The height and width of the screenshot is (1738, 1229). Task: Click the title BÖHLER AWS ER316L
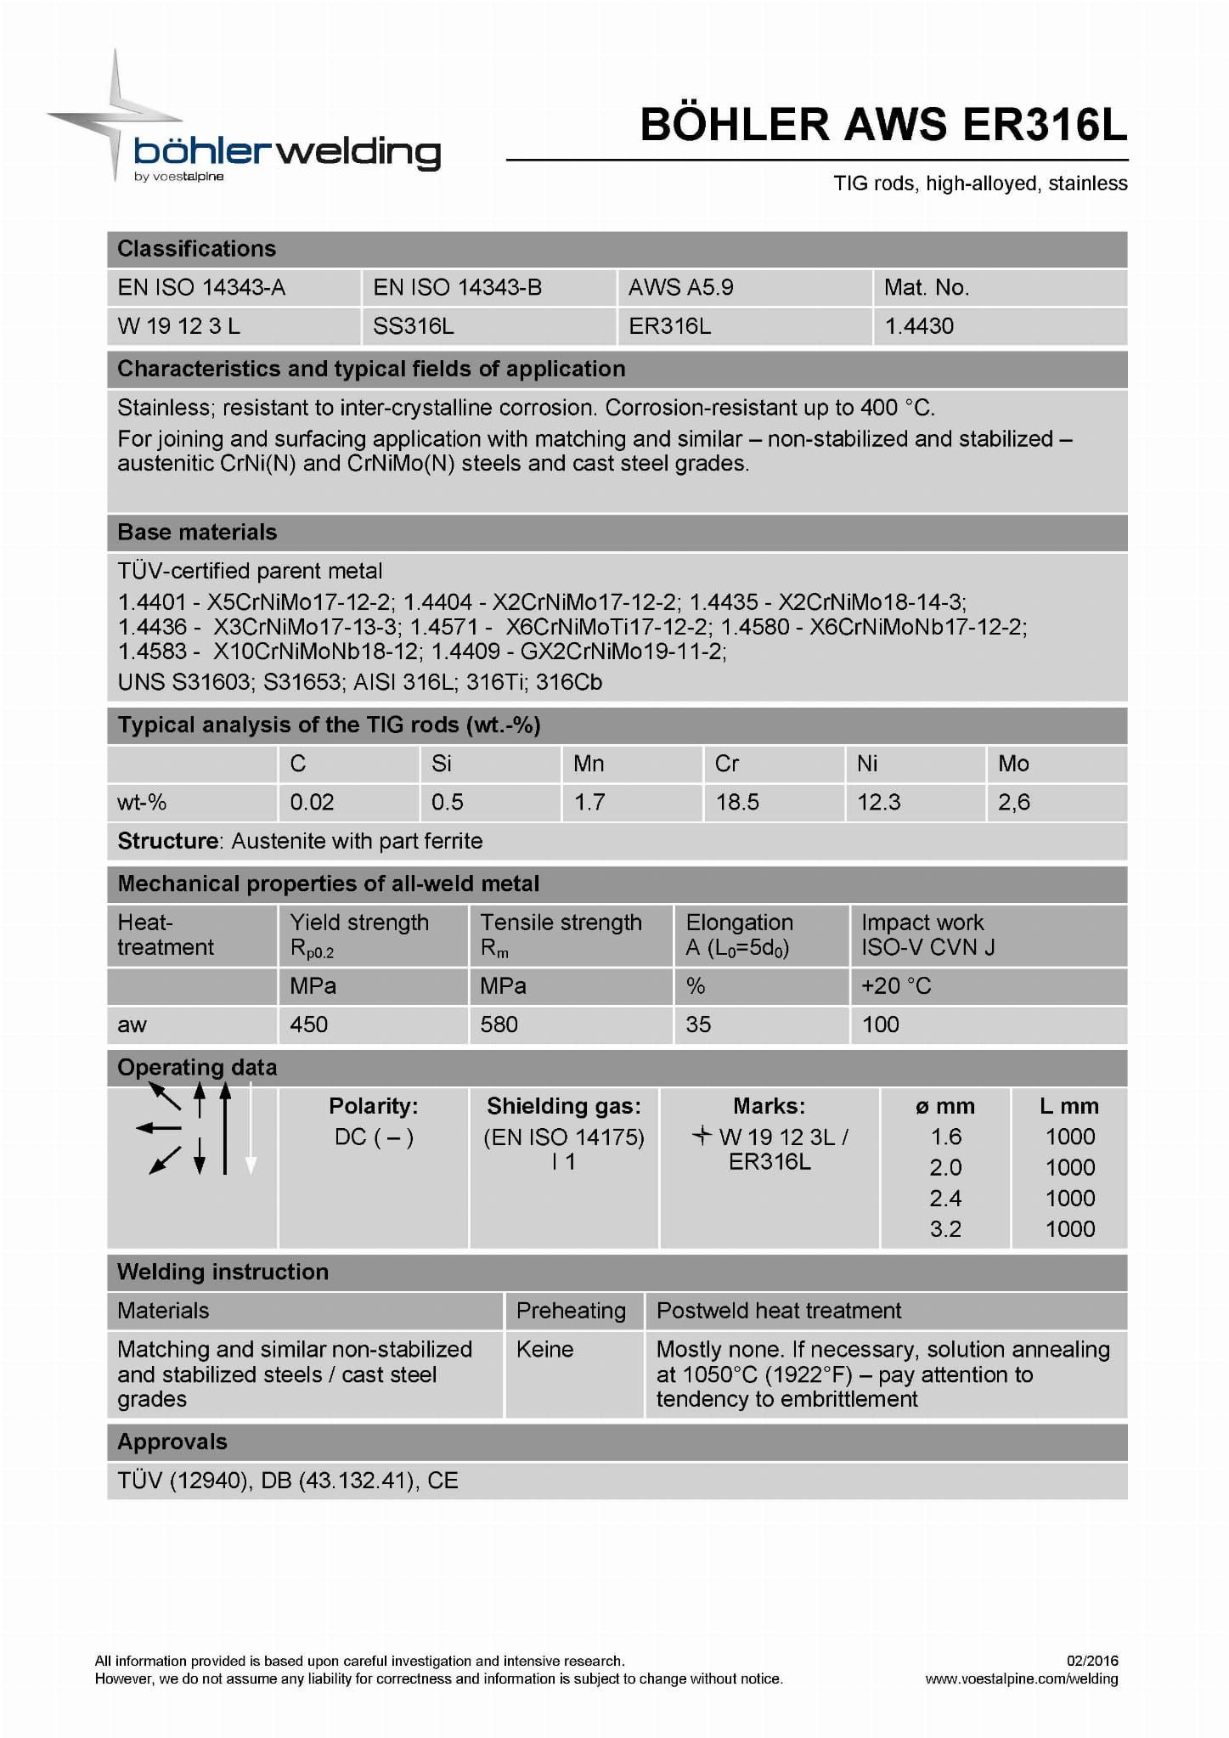tap(883, 125)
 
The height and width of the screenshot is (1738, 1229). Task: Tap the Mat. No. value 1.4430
tap(919, 326)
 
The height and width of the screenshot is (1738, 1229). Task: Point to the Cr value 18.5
tap(737, 802)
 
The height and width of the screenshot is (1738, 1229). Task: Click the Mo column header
tap(1013, 764)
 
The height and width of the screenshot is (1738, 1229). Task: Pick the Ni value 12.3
tap(878, 802)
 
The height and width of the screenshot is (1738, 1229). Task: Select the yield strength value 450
tap(309, 1024)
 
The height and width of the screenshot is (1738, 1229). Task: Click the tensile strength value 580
tap(499, 1024)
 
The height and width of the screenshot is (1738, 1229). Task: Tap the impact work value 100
tap(881, 1024)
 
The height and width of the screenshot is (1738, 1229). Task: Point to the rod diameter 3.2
tap(945, 1229)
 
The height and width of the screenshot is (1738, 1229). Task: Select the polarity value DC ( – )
tap(374, 1137)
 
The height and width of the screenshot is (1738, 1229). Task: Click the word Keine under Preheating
tap(544, 1350)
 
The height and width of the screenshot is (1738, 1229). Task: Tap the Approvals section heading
tap(172, 1442)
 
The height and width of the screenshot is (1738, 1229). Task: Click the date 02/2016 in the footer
tap(1092, 1661)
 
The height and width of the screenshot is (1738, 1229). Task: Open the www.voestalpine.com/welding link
tap(1021, 1679)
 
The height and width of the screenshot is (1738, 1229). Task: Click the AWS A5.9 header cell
tap(681, 288)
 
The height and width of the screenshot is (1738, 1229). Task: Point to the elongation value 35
tap(698, 1024)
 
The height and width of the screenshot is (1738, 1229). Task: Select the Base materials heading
tap(197, 533)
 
